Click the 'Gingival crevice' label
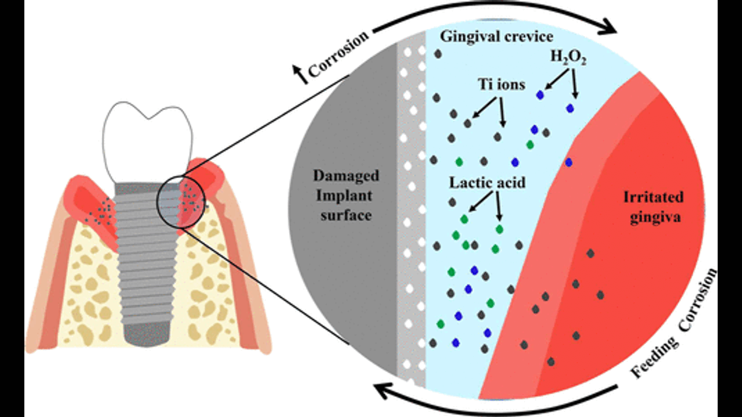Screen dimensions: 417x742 pyautogui.click(x=497, y=36)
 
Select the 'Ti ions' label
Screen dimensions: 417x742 pyautogui.click(x=501, y=85)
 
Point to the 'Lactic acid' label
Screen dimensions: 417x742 pyautogui.click(x=488, y=182)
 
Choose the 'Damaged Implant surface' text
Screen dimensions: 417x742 pyautogui.click(x=346, y=195)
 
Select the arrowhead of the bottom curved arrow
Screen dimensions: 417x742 pyautogui.click(x=384, y=392)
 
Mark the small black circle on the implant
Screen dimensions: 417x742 pyautogui.click(x=180, y=202)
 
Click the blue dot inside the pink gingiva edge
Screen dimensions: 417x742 pyautogui.click(x=569, y=162)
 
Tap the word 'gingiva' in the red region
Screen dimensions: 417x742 pyautogui.click(x=653, y=218)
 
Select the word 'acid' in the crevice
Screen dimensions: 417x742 pyautogui.click(x=510, y=182)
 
